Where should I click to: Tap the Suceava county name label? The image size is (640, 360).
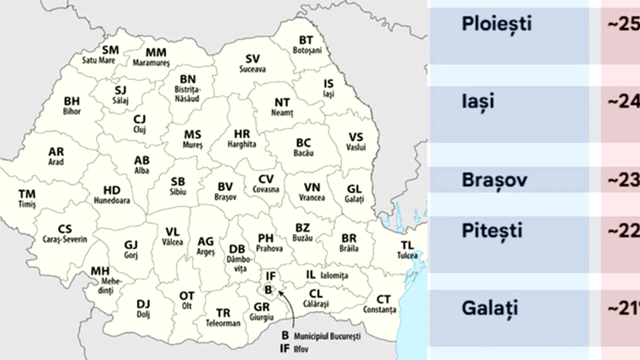coord(252,69)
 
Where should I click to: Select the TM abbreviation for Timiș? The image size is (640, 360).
coord(27,193)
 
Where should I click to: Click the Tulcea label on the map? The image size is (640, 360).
coord(407,255)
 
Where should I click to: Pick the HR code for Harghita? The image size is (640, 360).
coord(242,134)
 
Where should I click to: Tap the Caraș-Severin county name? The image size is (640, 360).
coord(64,239)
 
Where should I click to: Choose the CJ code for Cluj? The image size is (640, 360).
coord(139,119)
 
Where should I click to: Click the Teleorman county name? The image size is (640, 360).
coord(223,323)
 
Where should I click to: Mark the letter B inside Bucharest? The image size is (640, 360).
coord(268,289)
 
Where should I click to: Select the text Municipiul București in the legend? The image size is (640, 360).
coord(327,336)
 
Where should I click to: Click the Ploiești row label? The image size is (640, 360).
coord(496,24)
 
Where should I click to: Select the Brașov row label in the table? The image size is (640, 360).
coord(494,180)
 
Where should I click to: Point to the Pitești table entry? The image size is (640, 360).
coord(492,231)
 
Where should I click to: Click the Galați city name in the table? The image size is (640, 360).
coord(489,308)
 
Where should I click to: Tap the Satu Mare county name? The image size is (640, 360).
coord(98,60)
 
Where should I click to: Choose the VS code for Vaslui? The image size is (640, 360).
coord(355,137)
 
